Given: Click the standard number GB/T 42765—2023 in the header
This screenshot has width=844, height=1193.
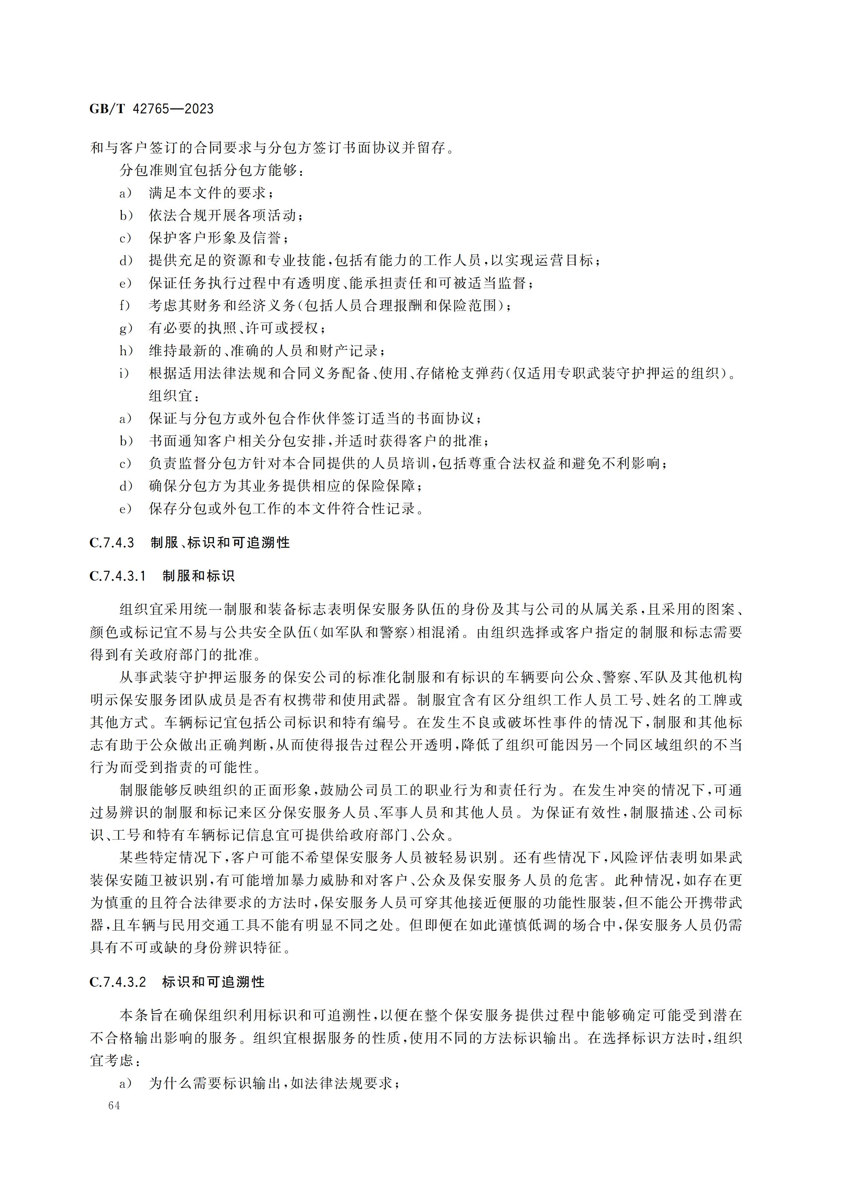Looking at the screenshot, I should click(151, 108).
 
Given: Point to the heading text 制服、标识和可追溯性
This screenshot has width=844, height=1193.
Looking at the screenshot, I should click(220, 543).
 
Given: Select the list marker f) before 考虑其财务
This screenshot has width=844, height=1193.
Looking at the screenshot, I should click(125, 305).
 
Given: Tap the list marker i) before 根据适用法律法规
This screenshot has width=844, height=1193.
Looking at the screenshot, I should click(124, 373).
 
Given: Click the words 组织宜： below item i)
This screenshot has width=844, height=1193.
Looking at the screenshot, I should click(173, 396).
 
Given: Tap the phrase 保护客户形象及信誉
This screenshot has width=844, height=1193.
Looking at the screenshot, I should click(215, 238).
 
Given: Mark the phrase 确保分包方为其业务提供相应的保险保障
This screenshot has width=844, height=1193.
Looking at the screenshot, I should click(282, 486).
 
